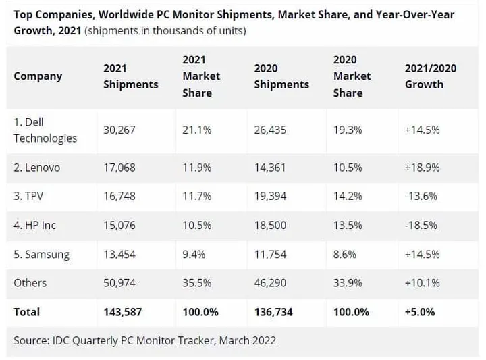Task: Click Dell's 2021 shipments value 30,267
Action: tap(119, 130)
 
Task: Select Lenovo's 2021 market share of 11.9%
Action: tap(196, 167)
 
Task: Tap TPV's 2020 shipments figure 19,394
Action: tap(271, 196)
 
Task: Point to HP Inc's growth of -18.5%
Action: tap(422, 225)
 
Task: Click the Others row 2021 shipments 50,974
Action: tap(119, 283)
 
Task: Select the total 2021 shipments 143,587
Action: tap(122, 312)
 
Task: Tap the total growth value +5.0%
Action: tap(420, 312)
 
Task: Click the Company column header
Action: tap(38, 76)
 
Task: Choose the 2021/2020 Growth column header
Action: tap(431, 76)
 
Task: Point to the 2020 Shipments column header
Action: tap(281, 76)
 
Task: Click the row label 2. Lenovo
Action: tap(37, 167)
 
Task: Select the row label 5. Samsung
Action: tap(42, 254)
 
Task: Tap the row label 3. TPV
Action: tap(28, 196)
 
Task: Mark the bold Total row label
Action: tap(27, 312)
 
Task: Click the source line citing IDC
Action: tap(145, 340)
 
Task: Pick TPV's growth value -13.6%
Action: tap(422, 196)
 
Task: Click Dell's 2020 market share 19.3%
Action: tap(348, 130)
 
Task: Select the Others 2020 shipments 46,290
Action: tap(271, 283)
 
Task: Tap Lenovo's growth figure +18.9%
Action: tap(422, 167)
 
